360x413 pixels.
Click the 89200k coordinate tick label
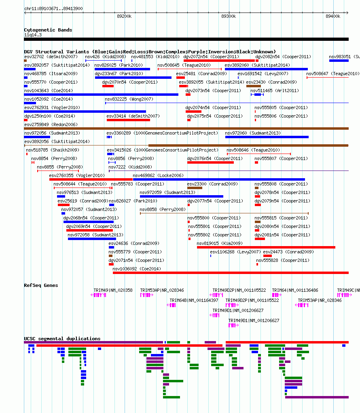124,16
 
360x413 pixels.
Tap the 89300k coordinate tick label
229,16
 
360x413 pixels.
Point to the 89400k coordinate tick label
333,16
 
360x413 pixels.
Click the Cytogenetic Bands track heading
48,30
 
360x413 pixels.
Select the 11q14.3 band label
33,35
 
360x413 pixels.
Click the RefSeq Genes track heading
41,286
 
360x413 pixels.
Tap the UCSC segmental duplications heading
62,339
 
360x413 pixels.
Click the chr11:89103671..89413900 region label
53,9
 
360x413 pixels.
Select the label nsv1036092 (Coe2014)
137,269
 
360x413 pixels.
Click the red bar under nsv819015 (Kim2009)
266,247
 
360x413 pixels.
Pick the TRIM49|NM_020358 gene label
113,290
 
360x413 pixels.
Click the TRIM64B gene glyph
171,305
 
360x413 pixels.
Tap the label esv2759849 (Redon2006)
51,124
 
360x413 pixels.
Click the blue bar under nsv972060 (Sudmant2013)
267,137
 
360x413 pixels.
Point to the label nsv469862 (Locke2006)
158,175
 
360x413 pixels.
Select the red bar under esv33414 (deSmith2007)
129,120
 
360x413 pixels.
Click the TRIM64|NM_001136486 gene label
295,290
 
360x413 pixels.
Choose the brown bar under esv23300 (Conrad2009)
195,188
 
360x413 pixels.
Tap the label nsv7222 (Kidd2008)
130,167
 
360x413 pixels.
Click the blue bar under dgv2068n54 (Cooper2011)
89,222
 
